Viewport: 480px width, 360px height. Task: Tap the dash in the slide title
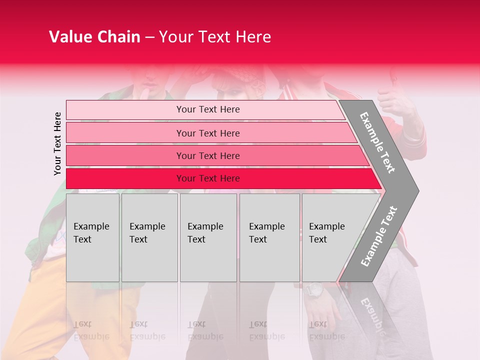(x=149, y=37)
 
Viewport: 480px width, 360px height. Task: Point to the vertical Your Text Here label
(x=57, y=144)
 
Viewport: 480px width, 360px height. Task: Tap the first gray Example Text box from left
(x=92, y=237)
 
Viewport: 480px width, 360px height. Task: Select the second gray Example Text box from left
(x=149, y=237)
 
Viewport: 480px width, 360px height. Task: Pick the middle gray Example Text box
(x=208, y=237)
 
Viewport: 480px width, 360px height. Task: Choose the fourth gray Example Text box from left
(x=269, y=237)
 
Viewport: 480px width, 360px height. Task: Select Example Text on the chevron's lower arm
(x=379, y=236)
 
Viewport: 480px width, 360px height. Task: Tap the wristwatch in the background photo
(x=314, y=290)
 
